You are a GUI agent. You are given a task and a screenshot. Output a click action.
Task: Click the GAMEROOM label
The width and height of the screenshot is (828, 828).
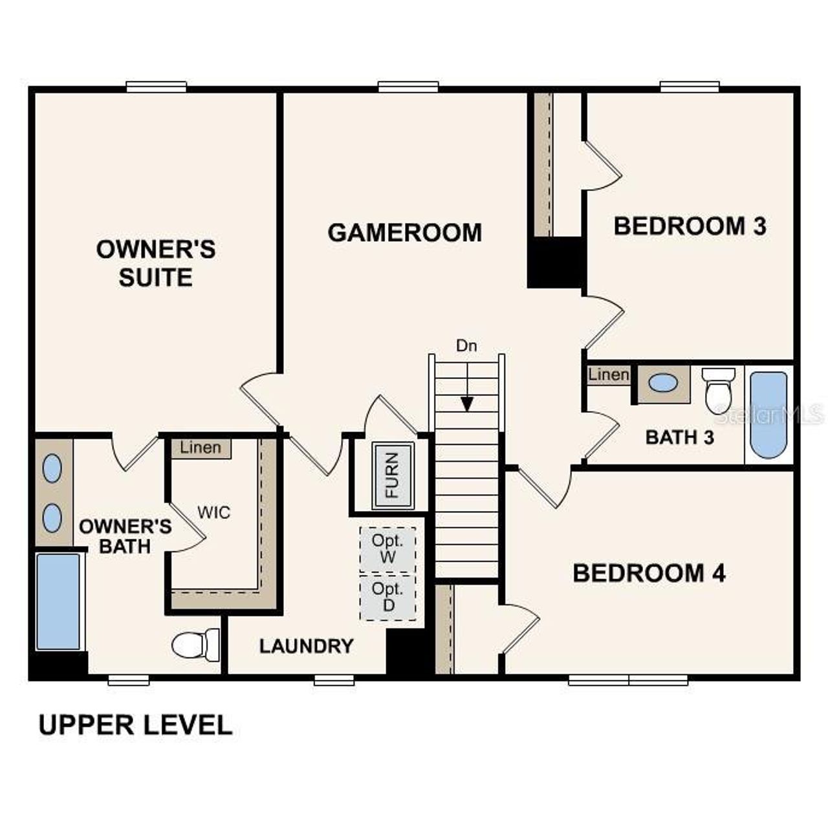coord(404,232)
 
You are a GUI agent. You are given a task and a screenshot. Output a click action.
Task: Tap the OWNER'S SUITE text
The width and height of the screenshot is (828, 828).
coord(155,263)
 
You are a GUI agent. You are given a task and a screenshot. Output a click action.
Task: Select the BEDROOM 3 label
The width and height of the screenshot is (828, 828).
coord(690,226)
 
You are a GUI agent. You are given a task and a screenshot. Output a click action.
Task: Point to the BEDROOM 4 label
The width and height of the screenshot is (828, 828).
coord(649,573)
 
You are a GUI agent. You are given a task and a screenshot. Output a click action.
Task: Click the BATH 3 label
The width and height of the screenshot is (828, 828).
coord(679,437)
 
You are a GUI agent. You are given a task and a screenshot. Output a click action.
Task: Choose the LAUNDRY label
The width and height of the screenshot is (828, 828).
coord(306,646)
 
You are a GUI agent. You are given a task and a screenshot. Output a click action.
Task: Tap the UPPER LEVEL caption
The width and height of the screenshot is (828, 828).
coord(135,725)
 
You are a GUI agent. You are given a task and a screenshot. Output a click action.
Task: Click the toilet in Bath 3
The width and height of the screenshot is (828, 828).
coord(719,390)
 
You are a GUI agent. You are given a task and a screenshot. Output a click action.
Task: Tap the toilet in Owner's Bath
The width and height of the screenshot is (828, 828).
coord(195,644)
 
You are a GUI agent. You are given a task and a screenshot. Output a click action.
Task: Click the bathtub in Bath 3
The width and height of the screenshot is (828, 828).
coord(768,415)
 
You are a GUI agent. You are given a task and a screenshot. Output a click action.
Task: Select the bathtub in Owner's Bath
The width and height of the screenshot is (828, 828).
coord(58,601)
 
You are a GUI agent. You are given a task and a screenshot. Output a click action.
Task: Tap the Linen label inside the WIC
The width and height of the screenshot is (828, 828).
coord(201,448)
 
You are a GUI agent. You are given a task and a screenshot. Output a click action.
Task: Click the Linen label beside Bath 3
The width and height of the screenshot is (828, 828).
coord(608,375)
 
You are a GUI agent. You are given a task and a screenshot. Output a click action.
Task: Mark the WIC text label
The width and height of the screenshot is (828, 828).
coord(213,513)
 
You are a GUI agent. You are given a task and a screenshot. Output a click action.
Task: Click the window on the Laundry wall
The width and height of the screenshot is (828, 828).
coord(334,679)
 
